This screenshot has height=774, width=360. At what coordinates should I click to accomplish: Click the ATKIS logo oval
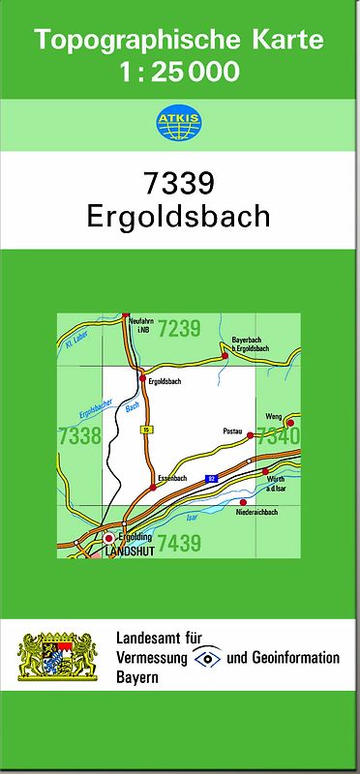179,124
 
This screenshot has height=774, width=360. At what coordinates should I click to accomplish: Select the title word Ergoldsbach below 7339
179,216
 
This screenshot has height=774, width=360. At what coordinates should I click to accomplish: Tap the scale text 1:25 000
180,72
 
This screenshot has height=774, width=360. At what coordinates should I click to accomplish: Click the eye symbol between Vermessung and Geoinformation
206,658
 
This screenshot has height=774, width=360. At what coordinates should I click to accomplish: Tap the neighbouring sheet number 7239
179,329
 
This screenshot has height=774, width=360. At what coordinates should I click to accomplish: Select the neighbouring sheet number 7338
79,436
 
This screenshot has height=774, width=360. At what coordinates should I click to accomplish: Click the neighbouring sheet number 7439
179,544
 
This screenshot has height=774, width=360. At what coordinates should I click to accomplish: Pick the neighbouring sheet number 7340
279,436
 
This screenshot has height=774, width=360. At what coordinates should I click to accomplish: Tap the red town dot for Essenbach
153,488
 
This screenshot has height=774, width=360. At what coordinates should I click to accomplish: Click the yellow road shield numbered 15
146,428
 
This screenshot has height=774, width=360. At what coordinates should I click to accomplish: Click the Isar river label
192,519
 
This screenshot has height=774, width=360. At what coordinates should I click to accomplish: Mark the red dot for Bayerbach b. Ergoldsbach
225,356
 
